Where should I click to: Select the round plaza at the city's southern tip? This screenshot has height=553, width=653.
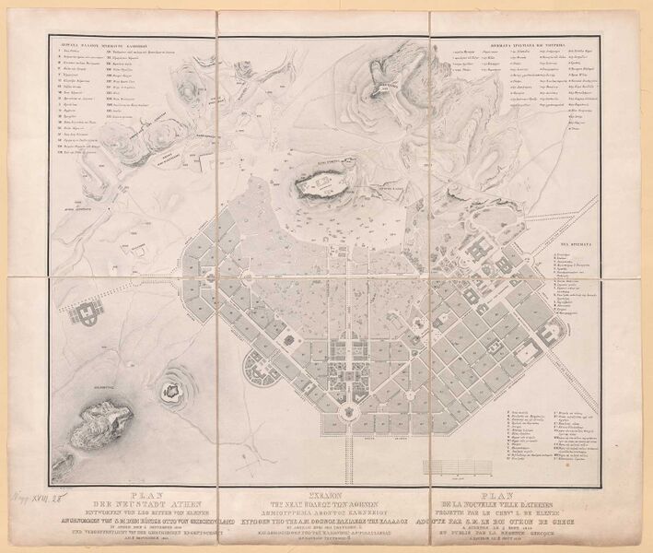pos(347,414)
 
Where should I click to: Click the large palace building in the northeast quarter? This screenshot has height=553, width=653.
pos(483,249)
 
